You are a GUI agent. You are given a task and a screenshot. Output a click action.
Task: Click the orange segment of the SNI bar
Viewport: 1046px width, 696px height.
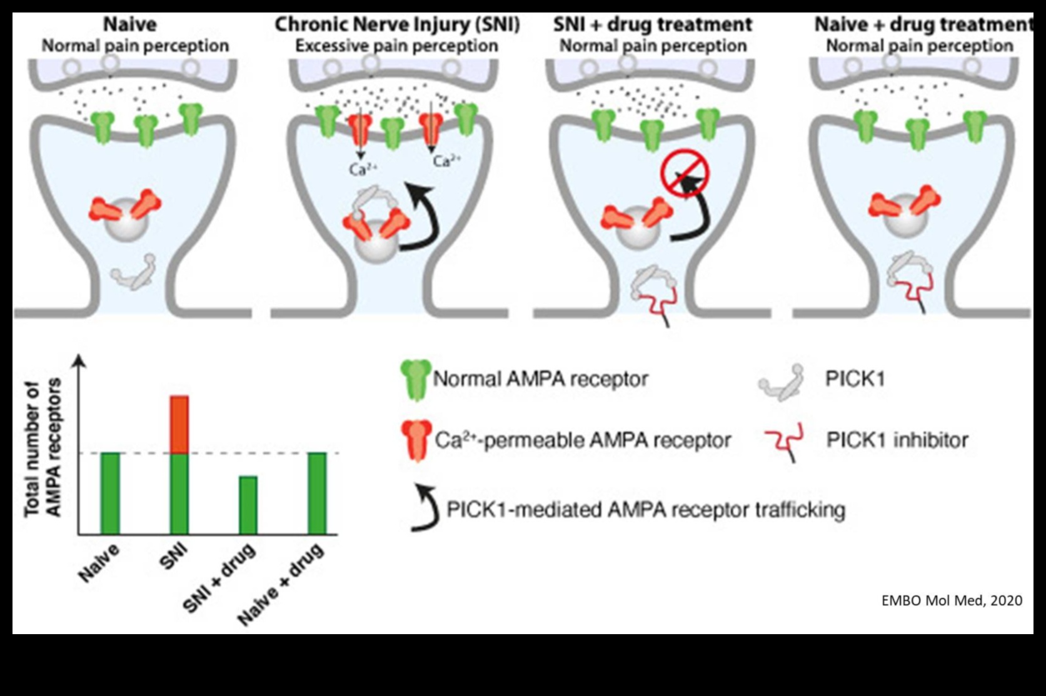pos(179,424)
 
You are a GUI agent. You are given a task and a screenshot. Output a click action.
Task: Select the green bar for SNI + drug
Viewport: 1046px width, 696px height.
pos(248,505)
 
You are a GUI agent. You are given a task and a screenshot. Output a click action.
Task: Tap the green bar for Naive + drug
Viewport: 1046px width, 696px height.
pos(317,493)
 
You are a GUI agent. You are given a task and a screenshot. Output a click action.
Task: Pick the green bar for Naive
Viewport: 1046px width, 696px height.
pos(110,493)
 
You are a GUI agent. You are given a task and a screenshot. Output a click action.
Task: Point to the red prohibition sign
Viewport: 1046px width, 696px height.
pos(685,172)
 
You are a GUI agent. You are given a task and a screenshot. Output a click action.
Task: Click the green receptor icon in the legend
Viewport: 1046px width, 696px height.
pos(415,379)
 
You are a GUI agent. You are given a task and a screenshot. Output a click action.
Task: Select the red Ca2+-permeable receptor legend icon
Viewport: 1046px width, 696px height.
pos(416,440)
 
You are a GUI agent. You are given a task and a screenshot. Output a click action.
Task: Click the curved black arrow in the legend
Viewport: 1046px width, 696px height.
pos(425,509)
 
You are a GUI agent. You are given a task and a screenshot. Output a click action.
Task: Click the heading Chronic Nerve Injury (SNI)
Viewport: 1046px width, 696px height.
pos(397,24)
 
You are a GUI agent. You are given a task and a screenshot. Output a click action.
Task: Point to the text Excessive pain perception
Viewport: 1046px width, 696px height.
pos(396,46)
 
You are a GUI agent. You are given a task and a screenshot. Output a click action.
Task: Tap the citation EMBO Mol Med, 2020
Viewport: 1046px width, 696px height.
pos(952,600)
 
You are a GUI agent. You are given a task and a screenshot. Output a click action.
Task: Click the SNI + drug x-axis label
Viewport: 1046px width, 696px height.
pos(220,578)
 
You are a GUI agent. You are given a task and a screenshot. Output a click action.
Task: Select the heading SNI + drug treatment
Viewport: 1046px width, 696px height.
pos(653,24)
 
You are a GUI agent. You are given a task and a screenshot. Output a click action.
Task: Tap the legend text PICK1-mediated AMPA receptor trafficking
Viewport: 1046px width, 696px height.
pos(645,510)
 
